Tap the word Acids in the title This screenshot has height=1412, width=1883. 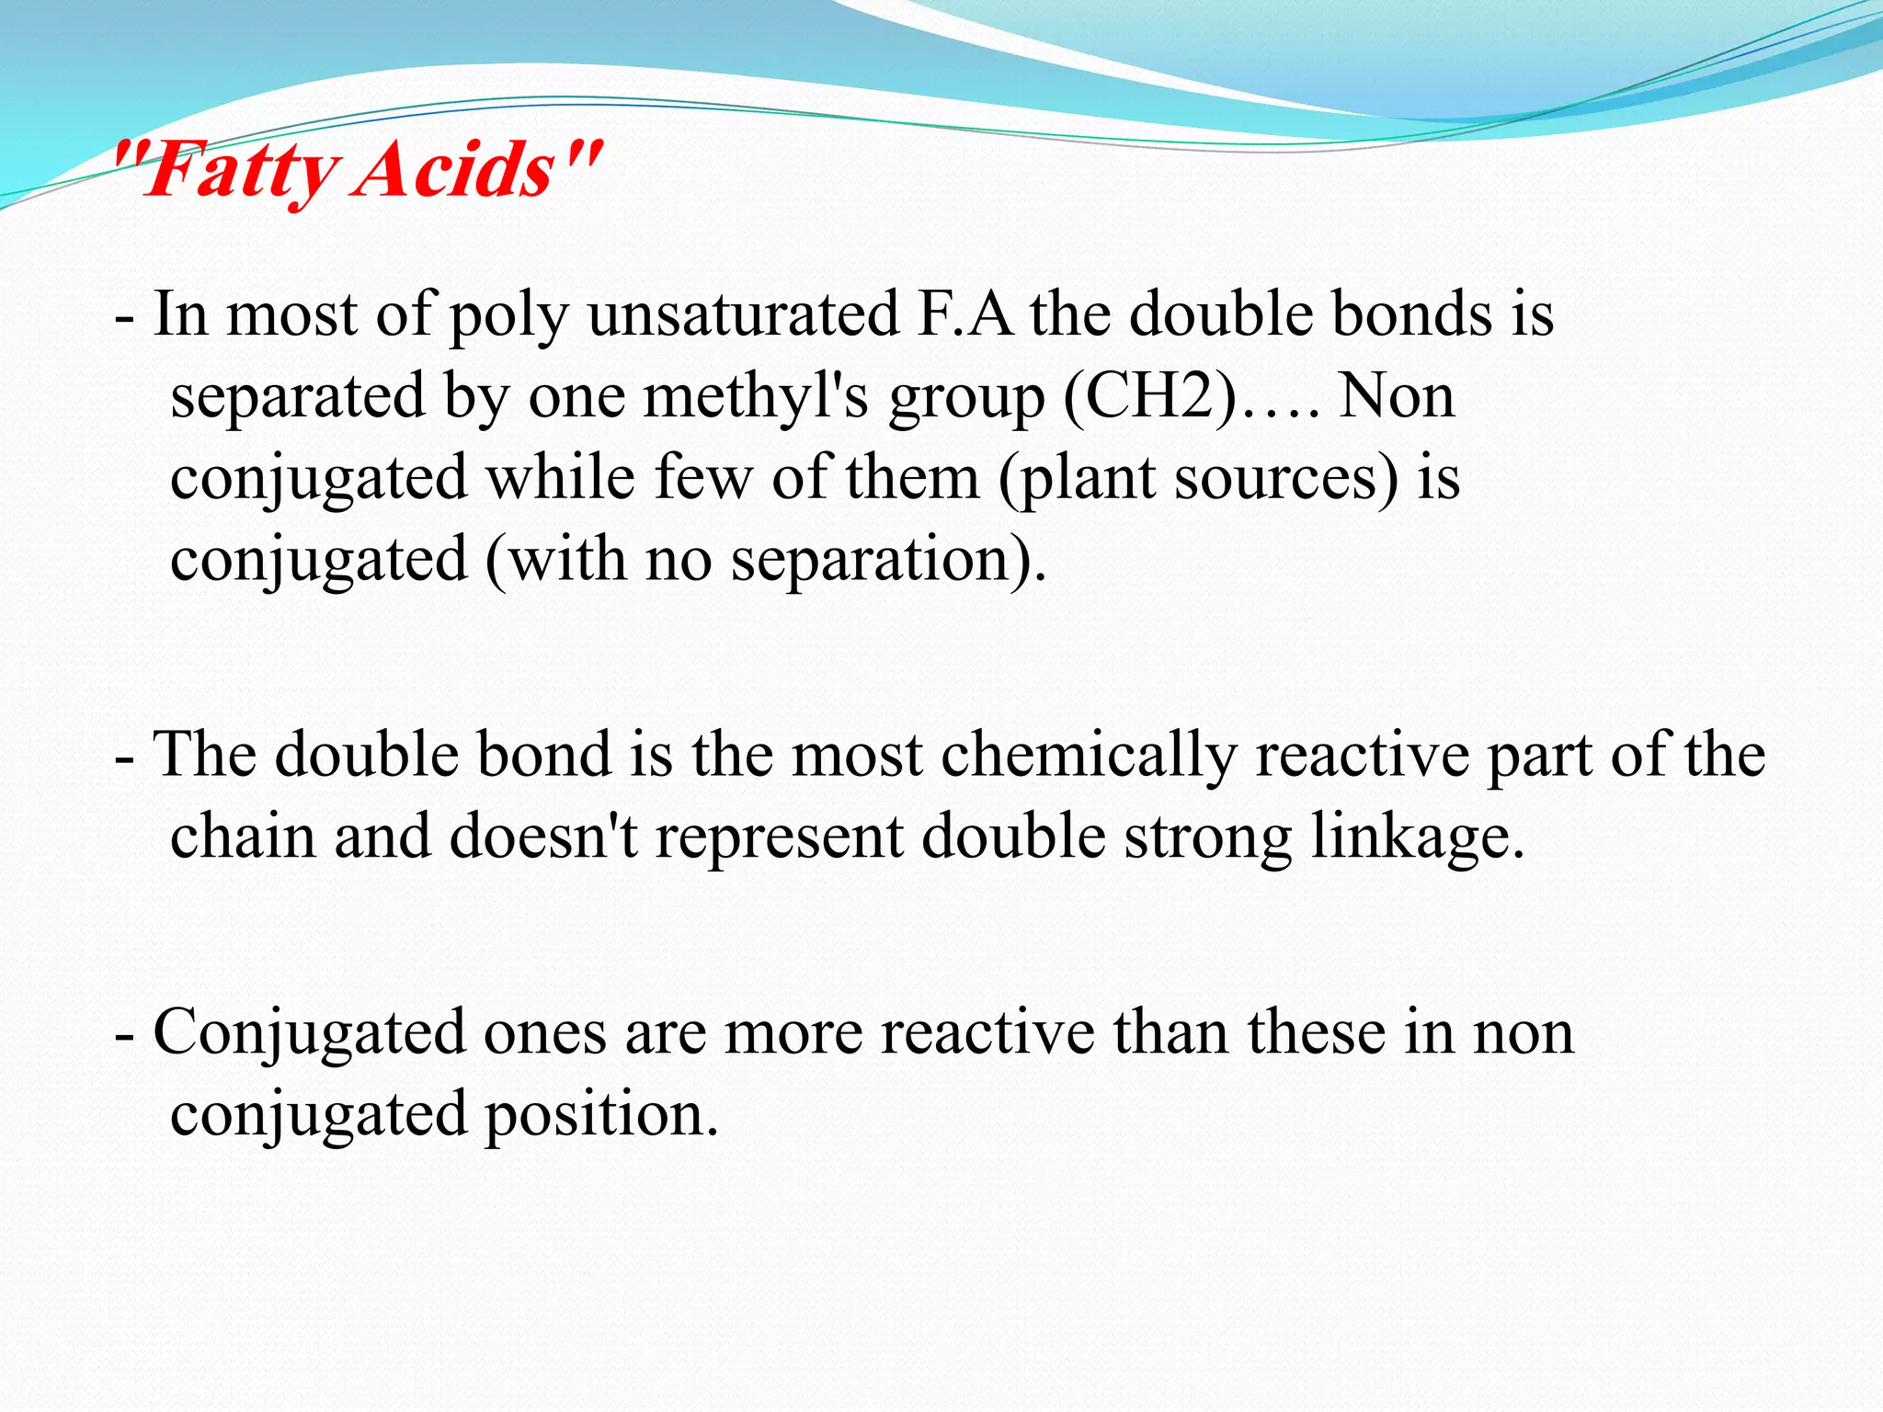[x=454, y=170]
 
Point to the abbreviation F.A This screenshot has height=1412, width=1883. [x=965, y=314]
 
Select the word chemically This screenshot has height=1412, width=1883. [x=1089, y=756]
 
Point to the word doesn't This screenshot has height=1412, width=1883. [x=542, y=837]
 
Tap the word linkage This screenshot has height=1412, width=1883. [x=1416, y=838]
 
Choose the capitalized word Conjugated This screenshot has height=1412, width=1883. [x=309, y=1033]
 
